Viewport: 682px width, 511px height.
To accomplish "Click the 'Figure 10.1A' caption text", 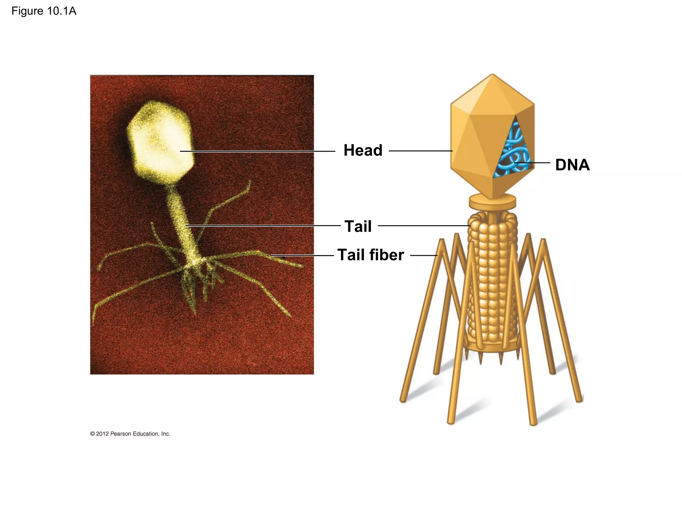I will point(44,11).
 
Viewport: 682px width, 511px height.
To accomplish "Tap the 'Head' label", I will point(363,150).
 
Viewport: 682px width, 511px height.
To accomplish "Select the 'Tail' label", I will point(358,226).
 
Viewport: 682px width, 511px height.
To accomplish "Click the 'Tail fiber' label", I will point(370,255).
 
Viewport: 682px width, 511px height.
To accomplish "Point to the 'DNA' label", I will point(572,165).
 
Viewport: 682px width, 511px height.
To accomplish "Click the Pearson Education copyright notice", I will point(130,434).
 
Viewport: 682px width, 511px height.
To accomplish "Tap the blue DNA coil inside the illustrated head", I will point(513,150).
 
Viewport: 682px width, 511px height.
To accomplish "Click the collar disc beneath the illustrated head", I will point(493,202).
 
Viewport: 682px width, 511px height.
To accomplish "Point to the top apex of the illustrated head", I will point(492,75).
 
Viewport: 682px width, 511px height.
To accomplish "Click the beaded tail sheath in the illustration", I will point(492,279).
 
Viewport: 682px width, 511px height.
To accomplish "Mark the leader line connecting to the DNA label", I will point(533,163).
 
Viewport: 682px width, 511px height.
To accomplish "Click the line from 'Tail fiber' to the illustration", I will point(424,255).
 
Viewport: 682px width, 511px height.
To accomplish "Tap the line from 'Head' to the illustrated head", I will point(420,151).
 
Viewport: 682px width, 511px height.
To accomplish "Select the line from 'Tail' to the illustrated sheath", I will point(424,226).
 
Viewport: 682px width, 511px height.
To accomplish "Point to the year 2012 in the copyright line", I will point(102,434).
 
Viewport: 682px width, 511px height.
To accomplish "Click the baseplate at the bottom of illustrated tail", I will point(492,348).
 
